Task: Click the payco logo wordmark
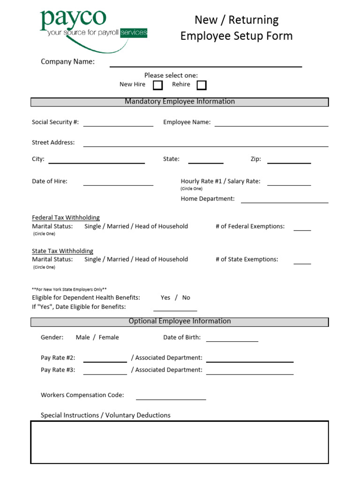point(73,19)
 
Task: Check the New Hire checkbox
point(158,85)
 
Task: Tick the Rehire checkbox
point(202,85)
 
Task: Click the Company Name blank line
point(206,66)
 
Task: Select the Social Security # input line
point(118,125)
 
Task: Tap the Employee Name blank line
point(271,125)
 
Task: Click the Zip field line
point(289,162)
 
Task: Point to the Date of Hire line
point(118,184)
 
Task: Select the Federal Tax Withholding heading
point(66,217)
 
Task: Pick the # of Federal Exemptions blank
point(302,230)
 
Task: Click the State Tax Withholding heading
point(62,251)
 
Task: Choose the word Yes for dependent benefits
point(165,298)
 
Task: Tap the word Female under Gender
point(109,337)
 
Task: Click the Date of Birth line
point(232,340)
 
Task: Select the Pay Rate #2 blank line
point(105,361)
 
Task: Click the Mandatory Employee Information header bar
point(180,102)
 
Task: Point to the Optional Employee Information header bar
point(180,322)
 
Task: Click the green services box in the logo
point(134,33)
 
